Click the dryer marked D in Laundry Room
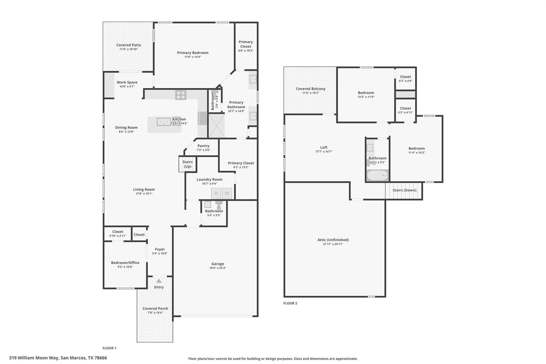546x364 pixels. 216,193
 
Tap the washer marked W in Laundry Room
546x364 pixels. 227,193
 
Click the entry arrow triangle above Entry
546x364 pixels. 159,281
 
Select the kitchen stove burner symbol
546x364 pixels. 180,95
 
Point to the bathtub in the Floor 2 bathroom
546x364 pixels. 378,175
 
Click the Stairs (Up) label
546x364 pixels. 187,164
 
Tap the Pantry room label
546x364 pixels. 203,146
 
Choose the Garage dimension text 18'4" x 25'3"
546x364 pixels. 218,268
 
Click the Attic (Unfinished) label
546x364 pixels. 333,240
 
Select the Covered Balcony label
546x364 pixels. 311,89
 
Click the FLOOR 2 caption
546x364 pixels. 290,303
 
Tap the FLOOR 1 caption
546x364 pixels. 109,348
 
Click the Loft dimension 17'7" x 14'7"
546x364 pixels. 324,152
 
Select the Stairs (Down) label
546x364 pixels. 404,190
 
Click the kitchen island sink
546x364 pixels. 164,122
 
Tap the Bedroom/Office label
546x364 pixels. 125,263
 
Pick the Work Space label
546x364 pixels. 127,82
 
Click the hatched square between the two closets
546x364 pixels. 405,94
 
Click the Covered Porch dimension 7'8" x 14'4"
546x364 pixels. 155,313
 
